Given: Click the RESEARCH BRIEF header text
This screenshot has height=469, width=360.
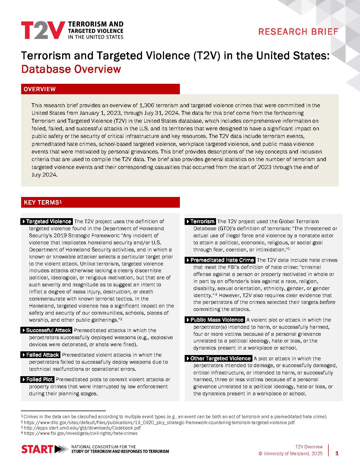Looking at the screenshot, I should (298, 32).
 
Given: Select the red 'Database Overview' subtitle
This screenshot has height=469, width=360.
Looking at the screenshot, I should (71, 69).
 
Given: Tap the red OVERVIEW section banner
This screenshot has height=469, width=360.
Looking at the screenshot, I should (100, 89).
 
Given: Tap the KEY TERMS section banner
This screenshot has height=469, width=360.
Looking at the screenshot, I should (100, 202).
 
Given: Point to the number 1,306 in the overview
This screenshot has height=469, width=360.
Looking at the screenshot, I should (147, 106).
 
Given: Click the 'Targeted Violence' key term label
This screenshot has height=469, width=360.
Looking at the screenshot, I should (47, 222).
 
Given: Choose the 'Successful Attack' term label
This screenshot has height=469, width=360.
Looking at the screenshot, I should (47, 330).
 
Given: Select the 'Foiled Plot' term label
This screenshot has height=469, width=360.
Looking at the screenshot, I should (38, 380).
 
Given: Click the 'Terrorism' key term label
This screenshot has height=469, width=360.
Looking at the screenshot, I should (200, 222).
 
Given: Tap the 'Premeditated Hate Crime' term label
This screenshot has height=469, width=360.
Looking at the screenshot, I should (220, 260).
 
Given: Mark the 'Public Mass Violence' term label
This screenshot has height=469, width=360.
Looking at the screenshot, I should (215, 320).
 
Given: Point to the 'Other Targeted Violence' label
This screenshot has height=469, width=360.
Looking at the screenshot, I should (219, 359).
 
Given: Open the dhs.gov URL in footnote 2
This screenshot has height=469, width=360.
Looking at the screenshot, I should (159, 423).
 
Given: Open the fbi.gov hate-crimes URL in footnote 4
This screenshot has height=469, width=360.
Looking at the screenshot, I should (81, 433).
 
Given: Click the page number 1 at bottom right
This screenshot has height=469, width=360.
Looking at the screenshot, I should (337, 453).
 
